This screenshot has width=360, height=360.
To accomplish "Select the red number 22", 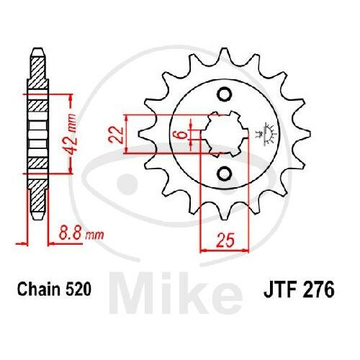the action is (116, 135).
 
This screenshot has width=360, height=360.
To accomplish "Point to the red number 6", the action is (183, 135).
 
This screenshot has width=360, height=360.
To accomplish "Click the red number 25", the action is (225, 240).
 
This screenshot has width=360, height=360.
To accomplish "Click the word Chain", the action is (38, 289).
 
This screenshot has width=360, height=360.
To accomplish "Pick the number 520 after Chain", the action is (78, 289).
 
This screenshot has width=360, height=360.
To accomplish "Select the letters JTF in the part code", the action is (279, 290).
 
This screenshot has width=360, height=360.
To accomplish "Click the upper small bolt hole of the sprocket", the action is (225, 94).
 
